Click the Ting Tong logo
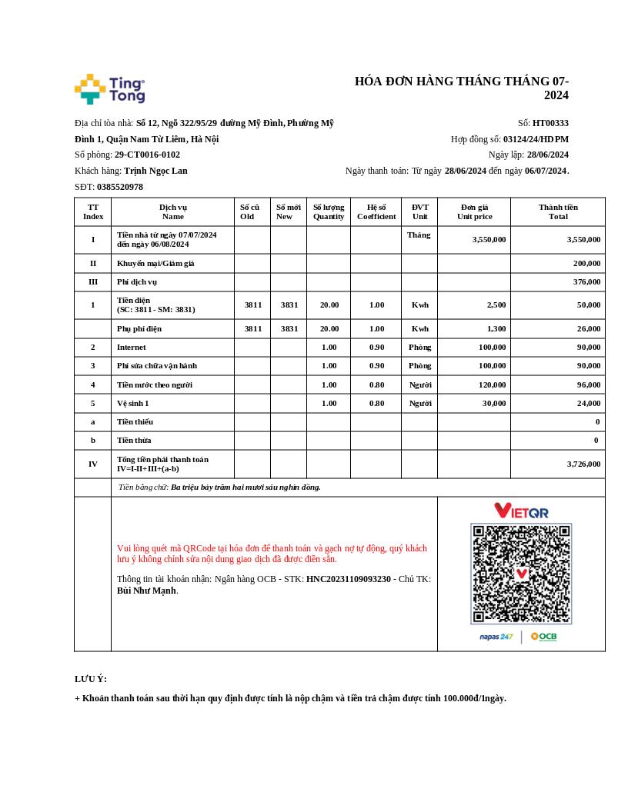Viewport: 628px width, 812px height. [109, 89]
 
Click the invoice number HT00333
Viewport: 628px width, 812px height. [550, 123]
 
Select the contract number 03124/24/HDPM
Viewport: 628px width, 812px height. [536, 139]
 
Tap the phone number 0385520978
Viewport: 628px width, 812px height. [119, 187]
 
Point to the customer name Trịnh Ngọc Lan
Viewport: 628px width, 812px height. [155, 171]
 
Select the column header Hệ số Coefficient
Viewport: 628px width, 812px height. [376, 211]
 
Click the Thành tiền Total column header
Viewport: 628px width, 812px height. [558, 211]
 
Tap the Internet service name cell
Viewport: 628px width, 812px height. [132, 348]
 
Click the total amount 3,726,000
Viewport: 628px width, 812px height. [583, 464]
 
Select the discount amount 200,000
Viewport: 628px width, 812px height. [586, 263]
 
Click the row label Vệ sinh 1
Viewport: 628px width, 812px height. [133, 403]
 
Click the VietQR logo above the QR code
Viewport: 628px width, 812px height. [521, 511]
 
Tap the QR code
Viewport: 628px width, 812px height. [521, 574]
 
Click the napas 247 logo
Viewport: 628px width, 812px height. [496, 637]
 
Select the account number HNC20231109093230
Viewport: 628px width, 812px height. [349, 579]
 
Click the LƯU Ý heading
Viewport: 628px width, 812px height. [91, 679]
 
